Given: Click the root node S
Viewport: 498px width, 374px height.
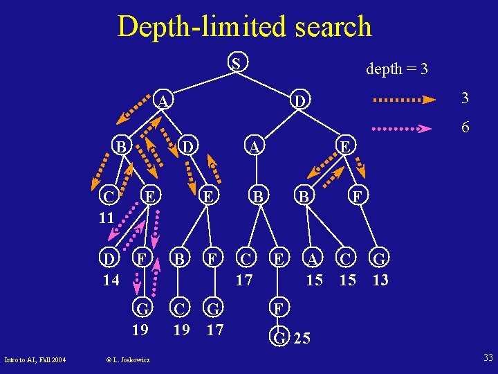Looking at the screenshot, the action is tap(237, 64).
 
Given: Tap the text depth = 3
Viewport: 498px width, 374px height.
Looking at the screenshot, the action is tap(396, 69).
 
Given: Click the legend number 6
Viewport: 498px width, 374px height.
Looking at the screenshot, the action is tap(465, 127).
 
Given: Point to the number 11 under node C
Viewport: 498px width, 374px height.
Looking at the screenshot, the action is tap(105, 217).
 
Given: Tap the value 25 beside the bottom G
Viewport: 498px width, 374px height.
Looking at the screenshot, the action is tap(302, 339).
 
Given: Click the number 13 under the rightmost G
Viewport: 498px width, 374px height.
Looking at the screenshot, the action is tap(380, 280).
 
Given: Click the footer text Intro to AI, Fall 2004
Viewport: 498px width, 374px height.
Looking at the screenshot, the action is tap(35, 359).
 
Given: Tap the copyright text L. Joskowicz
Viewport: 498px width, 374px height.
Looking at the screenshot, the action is tap(129, 359).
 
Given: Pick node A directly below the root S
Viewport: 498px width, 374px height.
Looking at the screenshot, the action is tap(163, 102).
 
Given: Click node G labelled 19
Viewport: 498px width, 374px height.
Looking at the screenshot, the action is tap(140, 308).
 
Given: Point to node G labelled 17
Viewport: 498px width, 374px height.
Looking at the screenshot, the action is tap(214, 308).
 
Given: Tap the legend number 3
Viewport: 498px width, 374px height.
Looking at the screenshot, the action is tap(465, 98).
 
